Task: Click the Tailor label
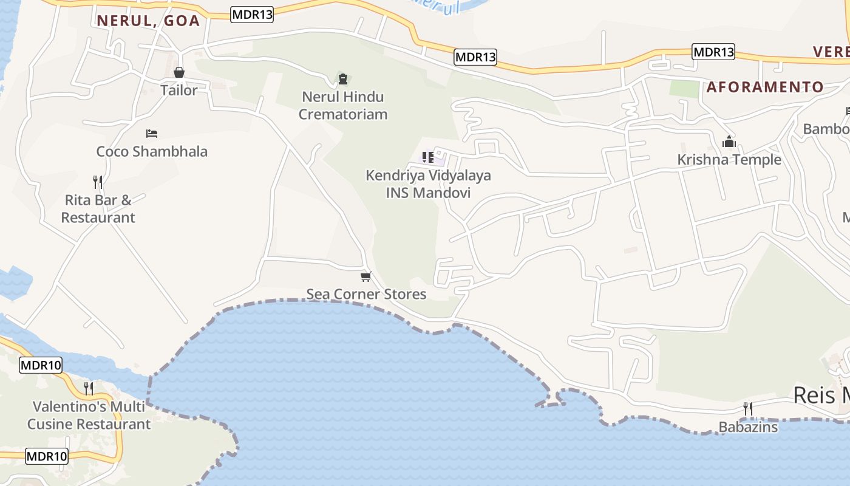179,91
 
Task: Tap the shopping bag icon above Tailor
179,73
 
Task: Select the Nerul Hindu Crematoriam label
343,105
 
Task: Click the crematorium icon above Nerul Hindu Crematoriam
343,79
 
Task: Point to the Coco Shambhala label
152,151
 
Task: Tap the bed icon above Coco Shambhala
152,133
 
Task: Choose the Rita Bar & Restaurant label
98,208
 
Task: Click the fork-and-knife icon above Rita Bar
97,182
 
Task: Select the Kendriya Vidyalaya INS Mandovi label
428,184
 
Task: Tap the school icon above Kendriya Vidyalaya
428,157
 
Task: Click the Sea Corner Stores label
366,294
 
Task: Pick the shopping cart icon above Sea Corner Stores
365,277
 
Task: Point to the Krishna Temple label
729,160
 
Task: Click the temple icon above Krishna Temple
729,142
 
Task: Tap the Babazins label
748,427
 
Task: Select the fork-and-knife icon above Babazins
748,409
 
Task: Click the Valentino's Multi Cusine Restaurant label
89,415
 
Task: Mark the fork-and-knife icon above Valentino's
89,388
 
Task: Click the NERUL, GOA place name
148,21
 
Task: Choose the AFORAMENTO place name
765,87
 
